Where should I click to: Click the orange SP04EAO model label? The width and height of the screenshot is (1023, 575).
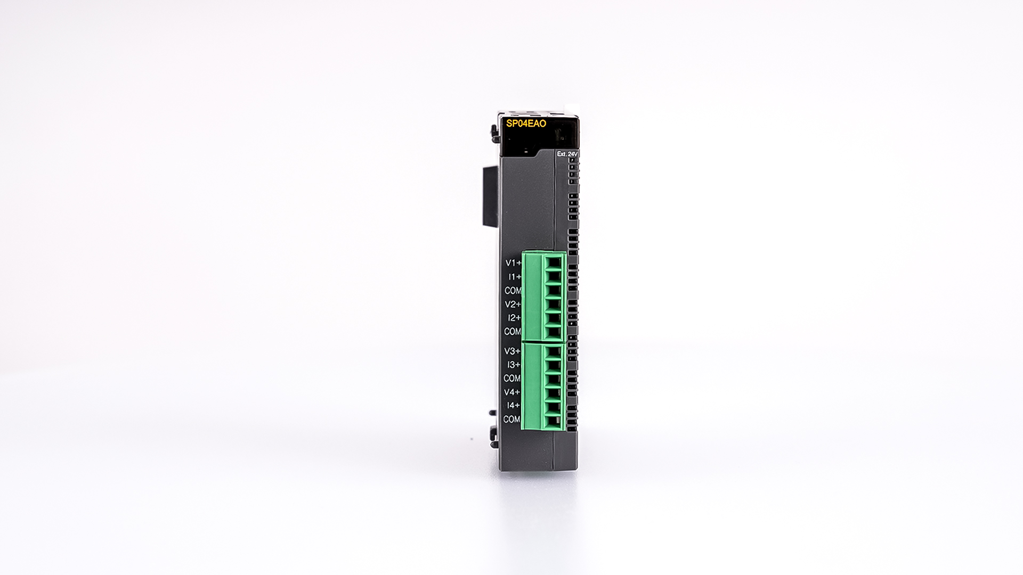click(x=526, y=124)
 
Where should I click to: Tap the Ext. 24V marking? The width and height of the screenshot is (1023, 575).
click(x=567, y=154)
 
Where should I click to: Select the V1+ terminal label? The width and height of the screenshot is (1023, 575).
click(x=514, y=263)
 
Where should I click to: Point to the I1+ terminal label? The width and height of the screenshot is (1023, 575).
click(x=515, y=277)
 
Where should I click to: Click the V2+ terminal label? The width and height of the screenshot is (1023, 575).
click(x=513, y=304)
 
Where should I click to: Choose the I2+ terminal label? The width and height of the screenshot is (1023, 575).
click(x=514, y=318)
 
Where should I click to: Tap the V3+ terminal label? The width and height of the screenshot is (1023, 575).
click(x=513, y=351)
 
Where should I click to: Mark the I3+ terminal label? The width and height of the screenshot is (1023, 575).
click(x=514, y=365)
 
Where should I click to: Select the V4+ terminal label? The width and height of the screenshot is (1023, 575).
click(x=512, y=392)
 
